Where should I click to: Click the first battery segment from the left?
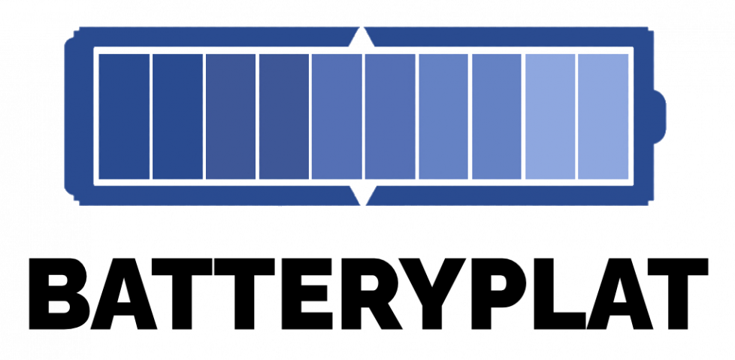124,116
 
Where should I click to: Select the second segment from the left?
177,116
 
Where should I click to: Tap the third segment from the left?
231,116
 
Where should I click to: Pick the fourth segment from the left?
283,116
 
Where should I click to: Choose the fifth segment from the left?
337,116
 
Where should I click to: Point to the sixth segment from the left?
390,116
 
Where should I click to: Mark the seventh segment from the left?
443,116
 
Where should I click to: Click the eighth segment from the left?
497,116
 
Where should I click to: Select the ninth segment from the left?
550,116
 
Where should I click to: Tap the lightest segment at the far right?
603,116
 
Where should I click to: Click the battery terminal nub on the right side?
658,116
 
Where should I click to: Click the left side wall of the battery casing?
79,116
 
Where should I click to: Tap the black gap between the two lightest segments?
576,116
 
